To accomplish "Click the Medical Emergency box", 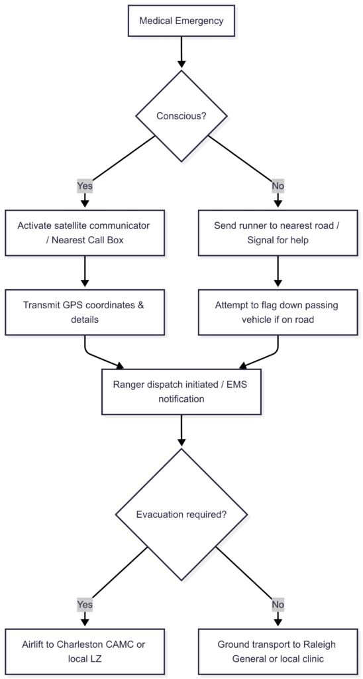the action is coord(181,21).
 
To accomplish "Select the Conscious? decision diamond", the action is coord(181,116).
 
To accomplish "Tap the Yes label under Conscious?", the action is coord(85,186).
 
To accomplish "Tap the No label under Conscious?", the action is coord(278,186).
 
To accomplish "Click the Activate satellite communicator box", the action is coord(85,233).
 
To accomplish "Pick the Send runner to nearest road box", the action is coord(278,233).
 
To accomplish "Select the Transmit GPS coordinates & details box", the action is coord(85,312).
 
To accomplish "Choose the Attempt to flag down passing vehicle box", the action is coord(278,312).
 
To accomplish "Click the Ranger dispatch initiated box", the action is coord(181,392).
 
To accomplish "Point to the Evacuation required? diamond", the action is coord(181,515).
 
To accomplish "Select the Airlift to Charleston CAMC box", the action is coord(85,651).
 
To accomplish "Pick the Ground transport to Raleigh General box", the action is coord(278,651).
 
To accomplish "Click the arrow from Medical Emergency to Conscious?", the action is coord(181,53).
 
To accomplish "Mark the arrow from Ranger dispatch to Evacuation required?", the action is coord(181,431).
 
